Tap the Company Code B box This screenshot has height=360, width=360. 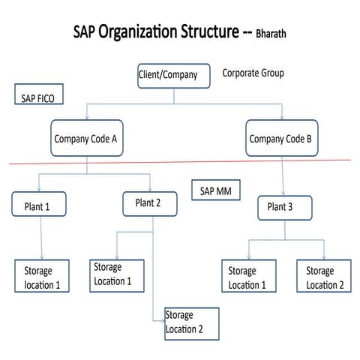pyautogui.click(x=282, y=138)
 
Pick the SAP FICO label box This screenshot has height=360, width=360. pyautogui.click(x=37, y=97)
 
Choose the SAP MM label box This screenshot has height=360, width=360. pyautogui.click(x=215, y=191)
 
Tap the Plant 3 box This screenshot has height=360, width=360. pyautogui.click(x=285, y=208)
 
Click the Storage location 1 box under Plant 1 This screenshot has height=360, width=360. pyautogui.click(x=43, y=277)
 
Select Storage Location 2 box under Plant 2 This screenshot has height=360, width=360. pyautogui.click(x=191, y=322)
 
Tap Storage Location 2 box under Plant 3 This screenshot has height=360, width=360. pyautogui.click(x=325, y=277)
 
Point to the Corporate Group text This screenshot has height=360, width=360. pyautogui.click(x=253, y=73)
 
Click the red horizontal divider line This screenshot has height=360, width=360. pyautogui.click(x=180, y=161)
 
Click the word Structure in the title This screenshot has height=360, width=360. pyautogui.click(x=213, y=32)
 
